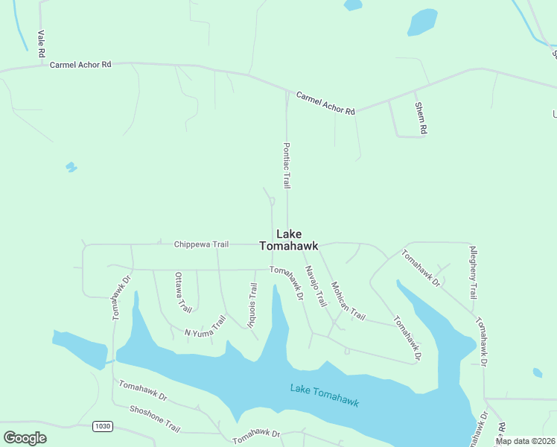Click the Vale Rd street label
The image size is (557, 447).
[42, 44]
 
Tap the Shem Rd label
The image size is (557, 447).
[421, 118]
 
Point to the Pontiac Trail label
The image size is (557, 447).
[286, 165]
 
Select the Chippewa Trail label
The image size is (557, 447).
[200, 244]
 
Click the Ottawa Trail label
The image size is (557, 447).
[182, 293]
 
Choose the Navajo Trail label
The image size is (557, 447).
[316, 288]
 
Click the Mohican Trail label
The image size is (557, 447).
[348, 301]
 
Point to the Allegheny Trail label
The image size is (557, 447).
[471, 272]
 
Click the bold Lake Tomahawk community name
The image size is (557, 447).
[288, 239]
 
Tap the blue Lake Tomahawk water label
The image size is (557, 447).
[325, 395]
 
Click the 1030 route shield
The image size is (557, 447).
[103, 426]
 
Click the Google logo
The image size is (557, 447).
[25, 438]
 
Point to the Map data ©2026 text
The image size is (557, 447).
[525, 441]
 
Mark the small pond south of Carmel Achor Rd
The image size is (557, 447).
[71, 167]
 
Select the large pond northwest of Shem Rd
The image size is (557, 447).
[422, 22]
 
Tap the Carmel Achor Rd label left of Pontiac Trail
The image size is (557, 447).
[80, 65]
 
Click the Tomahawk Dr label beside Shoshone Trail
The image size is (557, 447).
[142, 388]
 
